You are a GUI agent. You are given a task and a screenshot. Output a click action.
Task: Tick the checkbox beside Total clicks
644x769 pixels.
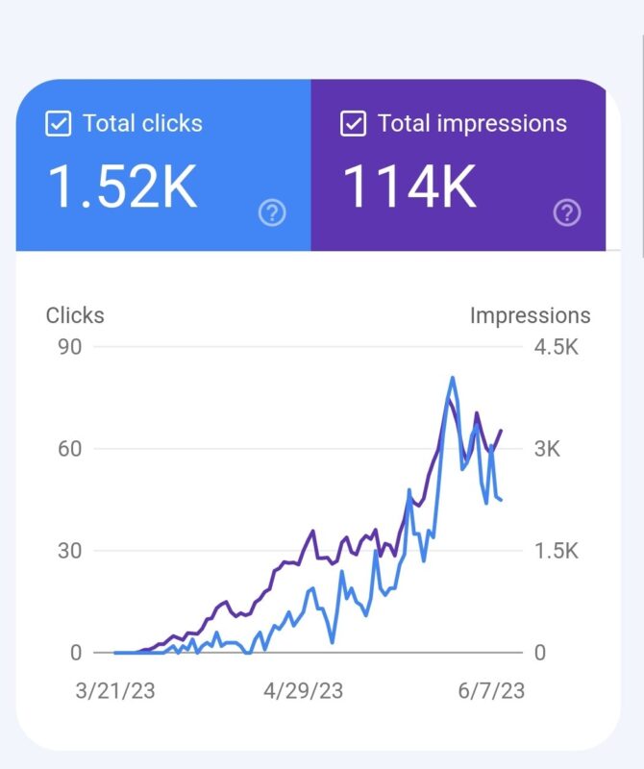(x=59, y=124)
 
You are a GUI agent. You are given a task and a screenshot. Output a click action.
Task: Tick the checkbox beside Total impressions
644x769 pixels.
(x=354, y=124)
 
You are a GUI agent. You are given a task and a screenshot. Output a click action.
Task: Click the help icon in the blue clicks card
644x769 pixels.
(x=273, y=212)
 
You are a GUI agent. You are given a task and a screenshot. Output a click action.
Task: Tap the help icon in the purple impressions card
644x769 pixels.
(x=568, y=212)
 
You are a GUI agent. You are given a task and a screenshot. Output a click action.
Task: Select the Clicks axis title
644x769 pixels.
(x=75, y=315)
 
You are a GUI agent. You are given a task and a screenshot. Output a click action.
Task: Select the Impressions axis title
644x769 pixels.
(x=530, y=315)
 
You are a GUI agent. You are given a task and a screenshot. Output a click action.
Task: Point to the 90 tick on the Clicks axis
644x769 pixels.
(x=69, y=347)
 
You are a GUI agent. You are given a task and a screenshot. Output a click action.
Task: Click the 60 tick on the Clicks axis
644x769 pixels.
(x=69, y=449)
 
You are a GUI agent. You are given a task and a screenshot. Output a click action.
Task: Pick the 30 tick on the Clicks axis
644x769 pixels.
(x=69, y=551)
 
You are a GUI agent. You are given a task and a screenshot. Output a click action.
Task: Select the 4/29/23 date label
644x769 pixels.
(x=303, y=691)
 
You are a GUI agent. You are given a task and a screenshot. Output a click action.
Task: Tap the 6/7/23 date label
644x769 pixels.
(x=490, y=691)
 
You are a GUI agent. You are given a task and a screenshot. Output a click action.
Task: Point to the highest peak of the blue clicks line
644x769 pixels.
(x=452, y=378)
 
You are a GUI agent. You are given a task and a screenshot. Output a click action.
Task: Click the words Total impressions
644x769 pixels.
(x=472, y=124)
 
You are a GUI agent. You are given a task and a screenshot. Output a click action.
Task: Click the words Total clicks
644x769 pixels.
(x=142, y=124)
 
